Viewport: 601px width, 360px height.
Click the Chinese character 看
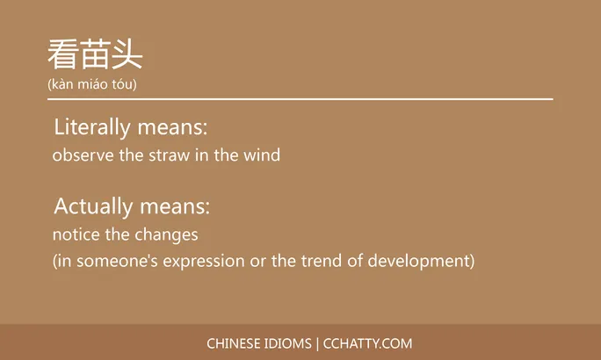tap(63, 55)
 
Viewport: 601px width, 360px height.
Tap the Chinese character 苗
tap(95, 55)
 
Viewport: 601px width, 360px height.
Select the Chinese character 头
tap(127, 55)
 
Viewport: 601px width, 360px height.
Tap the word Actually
tap(93, 207)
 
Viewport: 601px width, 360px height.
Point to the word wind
tap(263, 156)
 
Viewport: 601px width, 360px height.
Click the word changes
tap(166, 235)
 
